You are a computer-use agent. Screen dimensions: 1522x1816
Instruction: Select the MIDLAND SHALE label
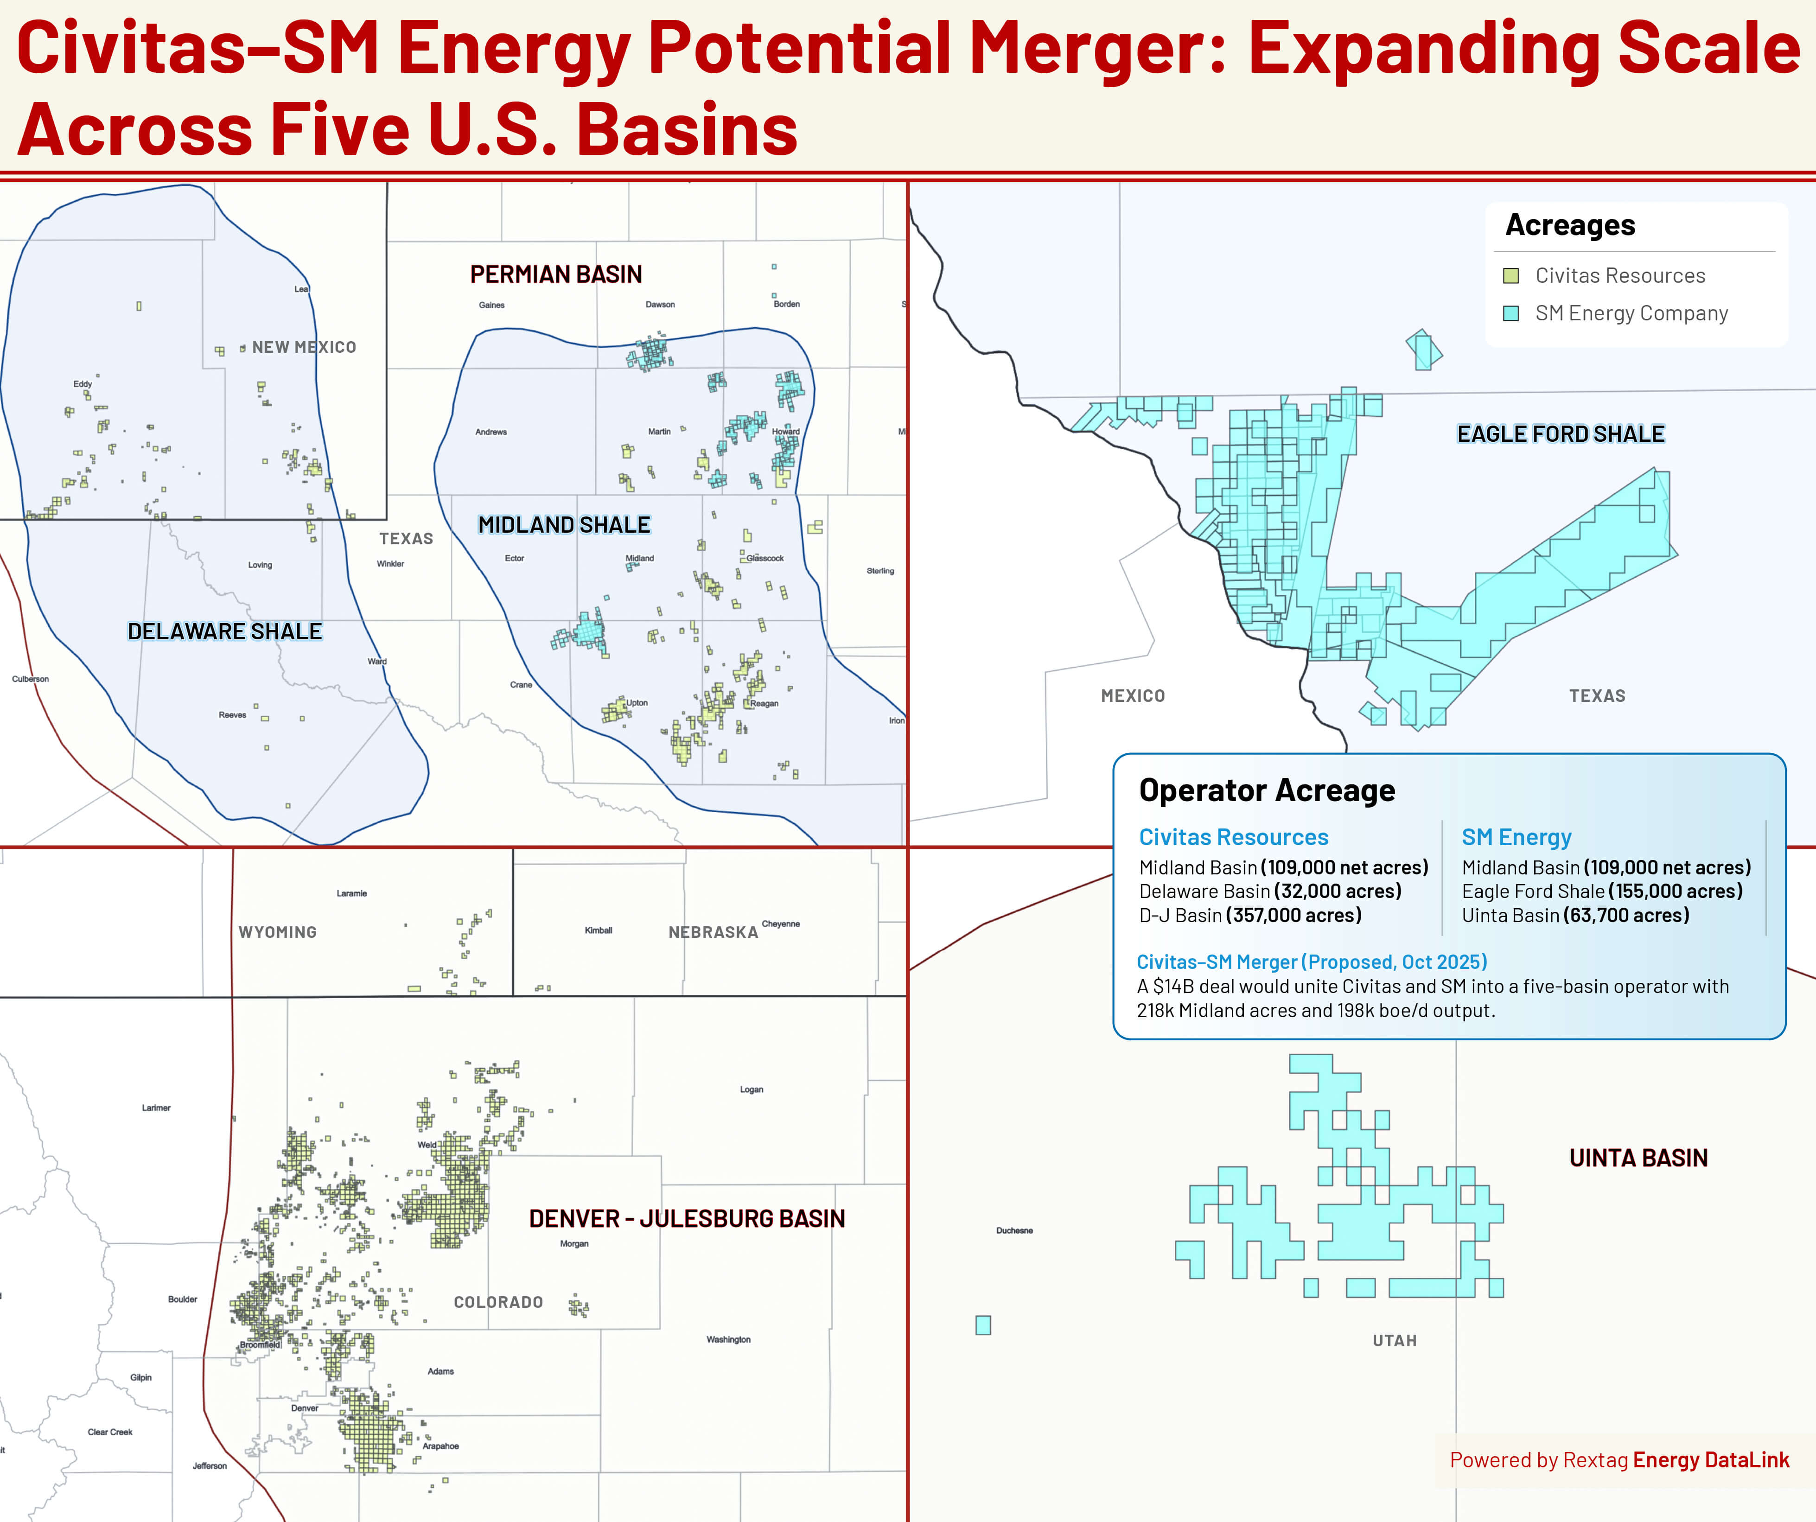click(x=564, y=525)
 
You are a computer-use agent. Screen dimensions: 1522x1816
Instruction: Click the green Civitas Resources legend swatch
click(x=1511, y=276)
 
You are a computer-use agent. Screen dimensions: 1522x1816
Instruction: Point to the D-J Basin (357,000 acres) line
click(x=1249, y=915)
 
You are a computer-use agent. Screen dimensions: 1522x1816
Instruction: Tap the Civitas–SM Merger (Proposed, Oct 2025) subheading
click(x=1311, y=962)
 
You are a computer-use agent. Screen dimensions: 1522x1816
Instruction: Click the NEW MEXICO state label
click(x=304, y=347)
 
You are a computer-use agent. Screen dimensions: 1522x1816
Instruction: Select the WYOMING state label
click(x=278, y=932)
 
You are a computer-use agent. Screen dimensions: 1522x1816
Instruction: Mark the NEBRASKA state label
click(x=713, y=932)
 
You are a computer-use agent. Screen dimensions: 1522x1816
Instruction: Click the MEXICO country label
click(x=1132, y=696)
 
